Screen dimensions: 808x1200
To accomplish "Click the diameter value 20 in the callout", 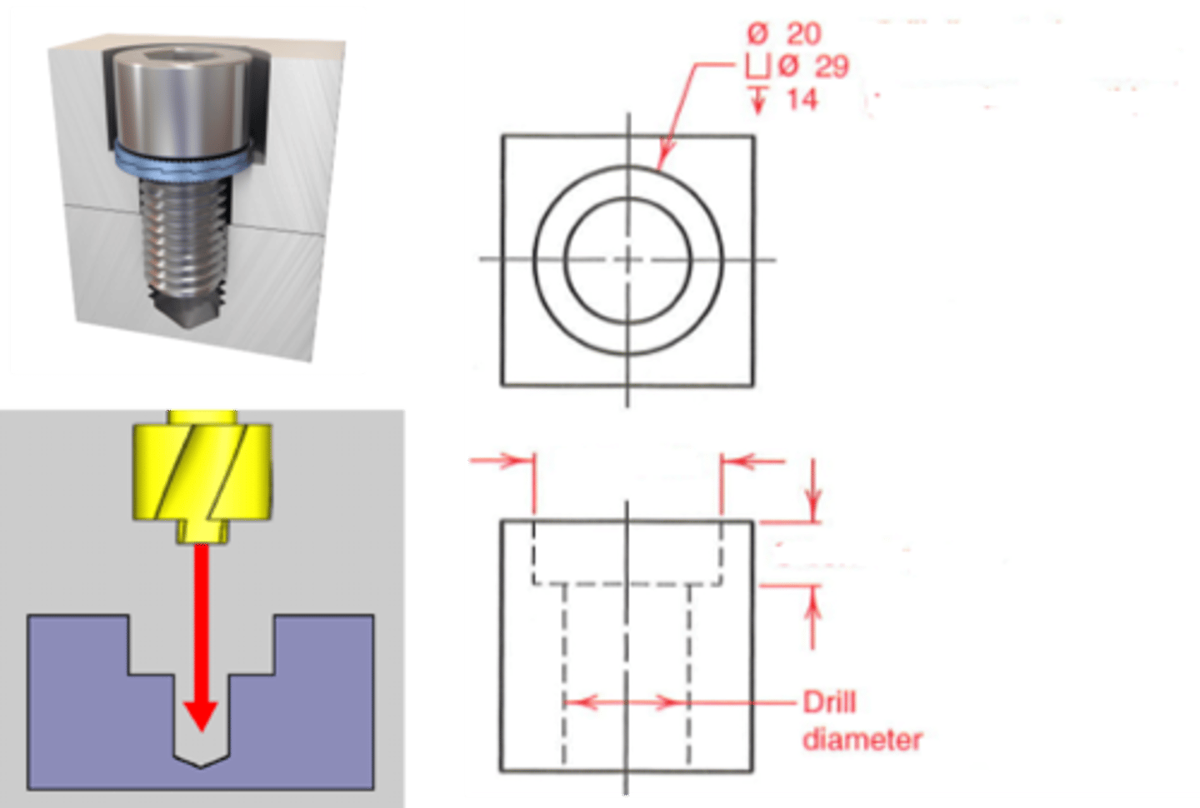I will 803,33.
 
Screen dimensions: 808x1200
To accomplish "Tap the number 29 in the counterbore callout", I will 831,66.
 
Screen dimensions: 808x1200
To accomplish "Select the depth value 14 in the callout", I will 802,100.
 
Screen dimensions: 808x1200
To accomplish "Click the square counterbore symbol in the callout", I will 757,66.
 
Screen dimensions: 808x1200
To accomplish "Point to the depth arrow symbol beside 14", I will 758,99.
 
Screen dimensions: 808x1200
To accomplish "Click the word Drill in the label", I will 829,702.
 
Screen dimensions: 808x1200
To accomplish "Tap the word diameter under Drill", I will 862,739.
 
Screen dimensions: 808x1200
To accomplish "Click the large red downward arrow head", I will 201,714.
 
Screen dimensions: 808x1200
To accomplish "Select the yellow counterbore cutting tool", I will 202,471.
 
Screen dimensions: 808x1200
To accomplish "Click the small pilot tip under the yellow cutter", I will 202,532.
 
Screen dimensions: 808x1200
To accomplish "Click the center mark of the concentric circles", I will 628,260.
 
